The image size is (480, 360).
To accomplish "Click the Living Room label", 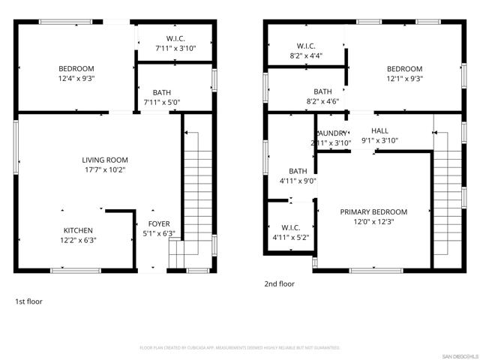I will tap(105, 160).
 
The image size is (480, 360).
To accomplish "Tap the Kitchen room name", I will tap(78, 230).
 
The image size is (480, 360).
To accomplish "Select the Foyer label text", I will tap(158, 223).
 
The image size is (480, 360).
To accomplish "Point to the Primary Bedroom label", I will tap(373, 211).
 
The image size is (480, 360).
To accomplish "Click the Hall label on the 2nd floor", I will tap(379, 130).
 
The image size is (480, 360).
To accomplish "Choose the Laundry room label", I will tap(331, 133).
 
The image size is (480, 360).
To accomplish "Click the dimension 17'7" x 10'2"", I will tap(105, 169).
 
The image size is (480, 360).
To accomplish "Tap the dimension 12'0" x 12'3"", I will tap(373, 221).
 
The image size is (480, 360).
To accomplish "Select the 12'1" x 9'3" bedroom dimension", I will tap(404, 78).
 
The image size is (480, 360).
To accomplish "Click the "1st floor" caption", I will tap(29, 301).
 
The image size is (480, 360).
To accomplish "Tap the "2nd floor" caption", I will tap(279, 284).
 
